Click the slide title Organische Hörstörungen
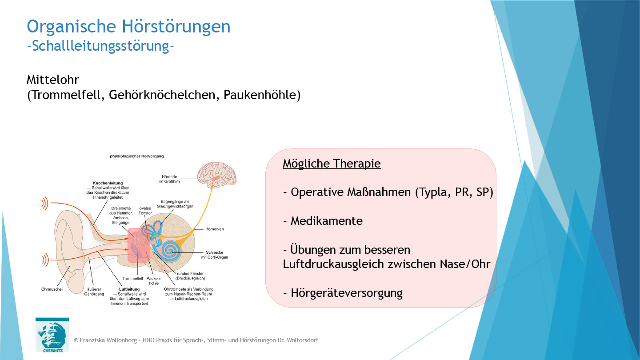point(128,26)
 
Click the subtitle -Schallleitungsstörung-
point(100,46)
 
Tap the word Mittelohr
point(53,80)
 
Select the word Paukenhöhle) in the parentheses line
point(262,95)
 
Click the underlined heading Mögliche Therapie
point(332,164)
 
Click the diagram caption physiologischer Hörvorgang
point(136,156)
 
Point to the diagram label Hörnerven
point(215,229)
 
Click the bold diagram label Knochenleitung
point(108,183)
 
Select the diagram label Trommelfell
point(133,278)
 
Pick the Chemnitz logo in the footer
point(52,335)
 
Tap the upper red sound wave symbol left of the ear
point(44,204)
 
